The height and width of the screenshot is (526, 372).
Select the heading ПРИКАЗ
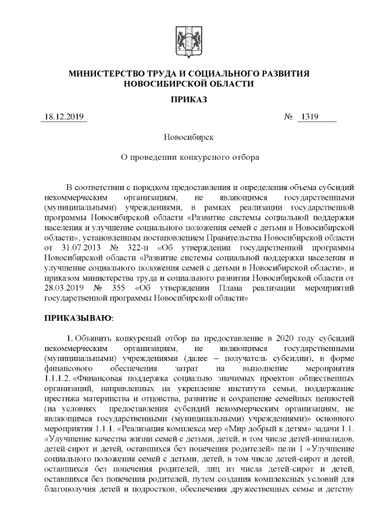point(185,99)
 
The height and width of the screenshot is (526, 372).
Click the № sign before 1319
point(288,117)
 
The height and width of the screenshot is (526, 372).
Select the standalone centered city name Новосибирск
point(185,137)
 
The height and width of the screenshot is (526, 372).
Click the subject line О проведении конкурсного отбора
point(185,157)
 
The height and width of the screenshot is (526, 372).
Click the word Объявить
point(97,338)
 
